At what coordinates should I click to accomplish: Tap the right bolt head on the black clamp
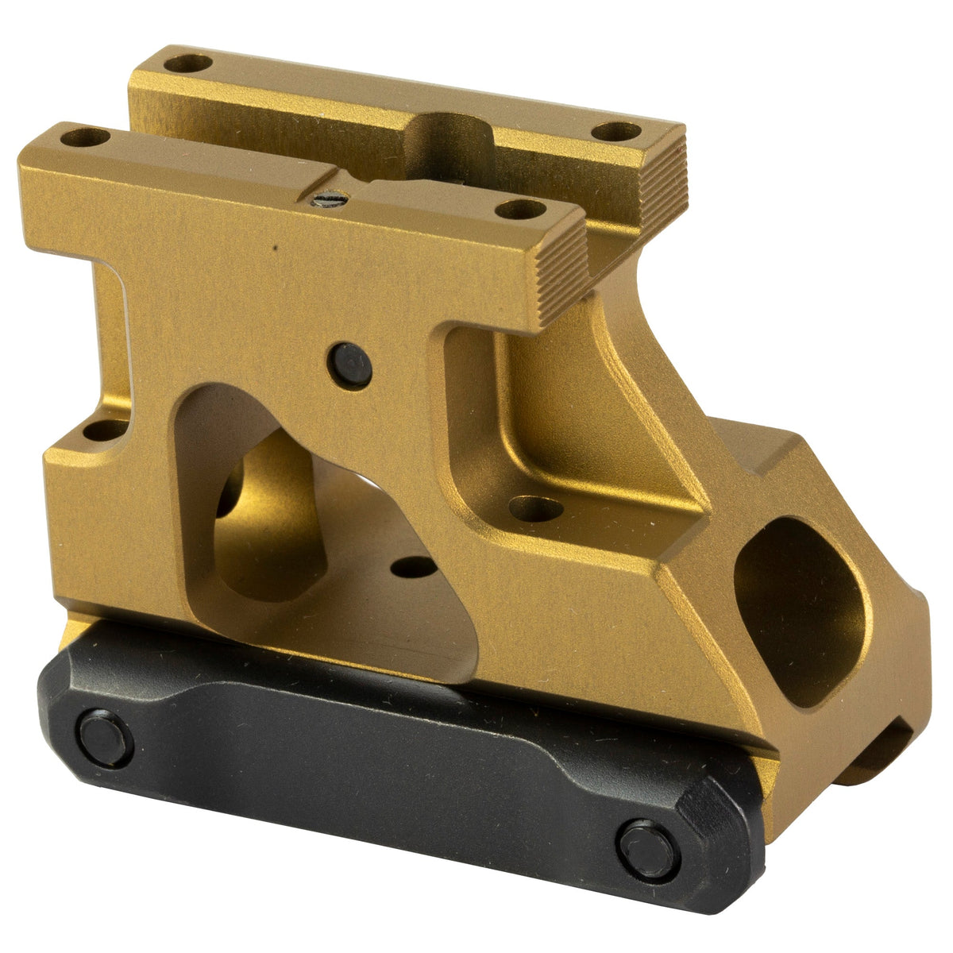click(x=647, y=849)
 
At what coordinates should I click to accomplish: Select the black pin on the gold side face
click(x=349, y=365)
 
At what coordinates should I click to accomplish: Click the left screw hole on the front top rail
click(x=85, y=137)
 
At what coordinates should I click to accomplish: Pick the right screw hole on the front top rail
click(x=520, y=210)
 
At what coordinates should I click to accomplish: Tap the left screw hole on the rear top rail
click(x=188, y=62)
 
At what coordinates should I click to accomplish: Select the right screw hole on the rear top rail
click(x=617, y=132)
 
